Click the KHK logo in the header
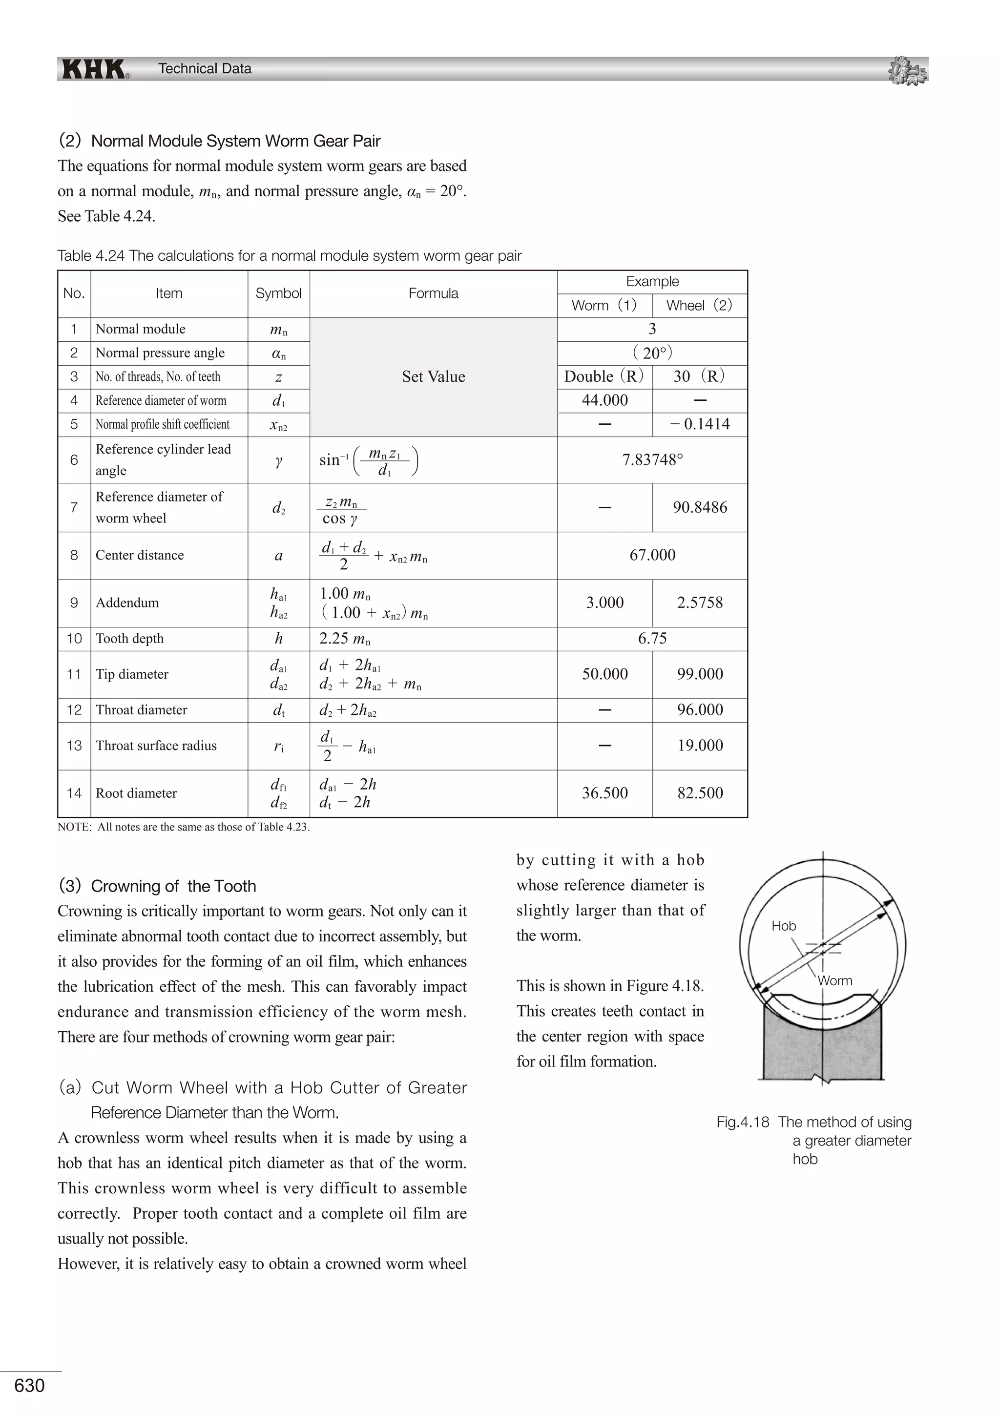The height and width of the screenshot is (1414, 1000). pyautogui.click(x=94, y=69)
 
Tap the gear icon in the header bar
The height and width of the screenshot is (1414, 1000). pyautogui.click(x=908, y=70)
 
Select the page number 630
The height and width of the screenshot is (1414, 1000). pyautogui.click(x=30, y=1386)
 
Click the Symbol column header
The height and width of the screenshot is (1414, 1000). pyautogui.click(x=278, y=294)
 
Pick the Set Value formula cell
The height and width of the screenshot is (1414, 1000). pyautogui.click(x=434, y=377)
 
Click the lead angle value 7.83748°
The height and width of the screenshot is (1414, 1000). pyautogui.click(x=652, y=460)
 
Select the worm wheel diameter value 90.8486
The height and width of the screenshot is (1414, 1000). pyautogui.click(x=700, y=507)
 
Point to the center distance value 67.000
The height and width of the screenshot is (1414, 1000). pyautogui.click(x=652, y=555)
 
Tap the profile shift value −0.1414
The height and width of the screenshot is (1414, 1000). pyautogui.click(x=700, y=424)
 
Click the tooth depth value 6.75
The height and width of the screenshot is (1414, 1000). pyautogui.click(x=652, y=639)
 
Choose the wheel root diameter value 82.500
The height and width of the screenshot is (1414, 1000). pyautogui.click(x=700, y=793)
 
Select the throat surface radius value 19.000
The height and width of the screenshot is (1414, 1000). pyautogui.click(x=700, y=746)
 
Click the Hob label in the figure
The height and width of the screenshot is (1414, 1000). pyautogui.click(x=783, y=926)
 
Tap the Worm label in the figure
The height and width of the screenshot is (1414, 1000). pyautogui.click(x=835, y=981)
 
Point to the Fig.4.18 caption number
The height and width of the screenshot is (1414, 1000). pyautogui.click(x=743, y=1122)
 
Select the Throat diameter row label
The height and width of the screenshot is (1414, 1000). pyautogui.click(x=141, y=710)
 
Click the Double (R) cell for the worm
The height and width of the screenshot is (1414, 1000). pyautogui.click(x=604, y=377)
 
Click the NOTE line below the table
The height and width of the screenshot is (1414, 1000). pyautogui.click(x=184, y=827)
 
